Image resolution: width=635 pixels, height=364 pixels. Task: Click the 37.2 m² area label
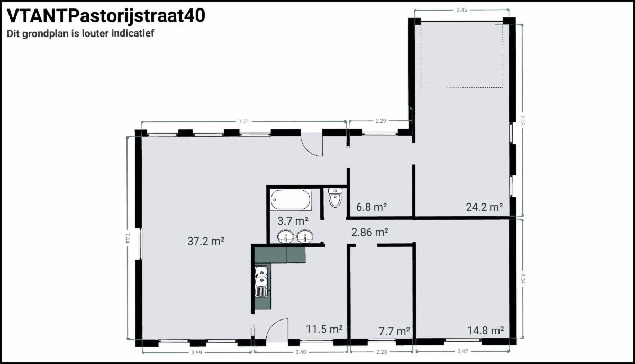206,241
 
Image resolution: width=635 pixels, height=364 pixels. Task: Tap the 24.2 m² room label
485,207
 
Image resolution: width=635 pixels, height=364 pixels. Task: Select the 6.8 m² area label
371,207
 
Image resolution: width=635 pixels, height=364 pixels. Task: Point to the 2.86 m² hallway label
370,232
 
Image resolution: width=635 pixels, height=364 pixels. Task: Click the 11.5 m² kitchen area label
324,329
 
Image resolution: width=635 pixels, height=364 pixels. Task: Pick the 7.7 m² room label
394,331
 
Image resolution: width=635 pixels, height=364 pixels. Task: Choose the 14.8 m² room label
485,331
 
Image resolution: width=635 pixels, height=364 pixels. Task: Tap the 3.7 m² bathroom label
293,220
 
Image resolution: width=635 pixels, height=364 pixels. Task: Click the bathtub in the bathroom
291,200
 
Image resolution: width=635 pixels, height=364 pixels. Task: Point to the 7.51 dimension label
243,121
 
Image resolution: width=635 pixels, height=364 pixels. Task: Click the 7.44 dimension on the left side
127,238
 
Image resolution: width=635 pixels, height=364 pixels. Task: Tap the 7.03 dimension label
523,120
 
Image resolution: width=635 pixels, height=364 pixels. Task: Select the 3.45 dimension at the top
461,10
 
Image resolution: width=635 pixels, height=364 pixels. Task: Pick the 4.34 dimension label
523,279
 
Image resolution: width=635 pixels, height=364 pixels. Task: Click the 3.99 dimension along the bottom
196,353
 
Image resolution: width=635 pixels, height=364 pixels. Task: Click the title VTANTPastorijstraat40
106,16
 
